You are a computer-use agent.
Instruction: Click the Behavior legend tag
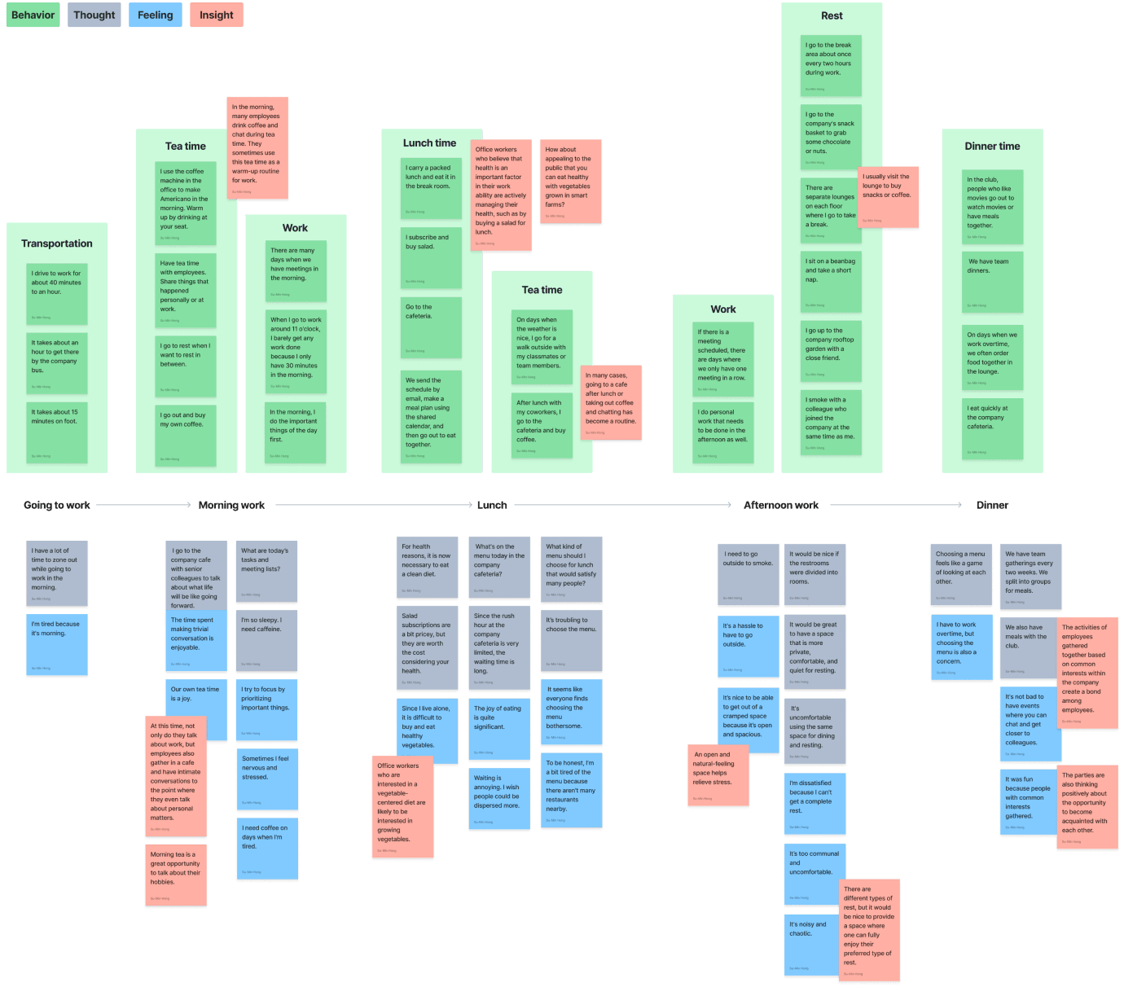(x=33, y=15)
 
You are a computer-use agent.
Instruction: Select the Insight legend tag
(x=216, y=15)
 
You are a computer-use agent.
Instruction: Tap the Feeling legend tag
(x=155, y=15)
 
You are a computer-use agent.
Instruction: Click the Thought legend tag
(x=94, y=15)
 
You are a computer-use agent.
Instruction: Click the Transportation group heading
(x=57, y=243)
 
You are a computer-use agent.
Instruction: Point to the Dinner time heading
(x=992, y=146)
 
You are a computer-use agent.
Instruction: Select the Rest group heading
(x=832, y=15)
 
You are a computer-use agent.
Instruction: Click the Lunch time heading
(x=429, y=143)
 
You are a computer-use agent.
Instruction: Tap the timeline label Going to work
(x=57, y=505)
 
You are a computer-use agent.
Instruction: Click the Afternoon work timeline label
(x=781, y=505)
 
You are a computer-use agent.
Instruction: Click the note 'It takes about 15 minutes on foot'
(x=57, y=432)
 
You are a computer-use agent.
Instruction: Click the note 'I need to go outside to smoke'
(x=748, y=575)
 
